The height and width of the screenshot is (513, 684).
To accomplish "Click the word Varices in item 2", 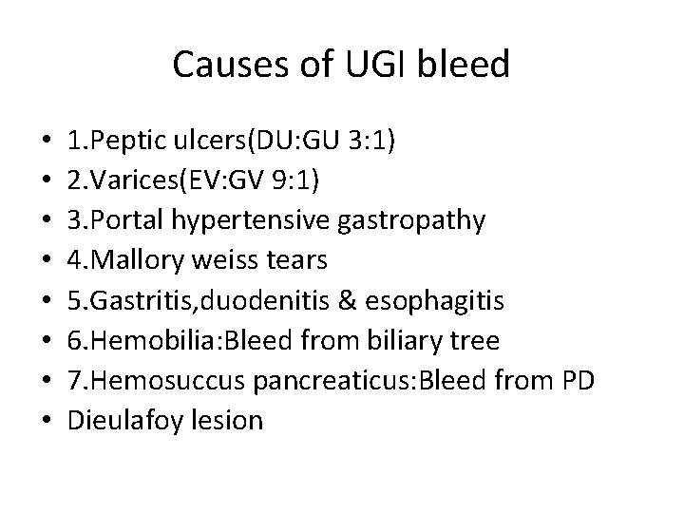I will coord(129,181).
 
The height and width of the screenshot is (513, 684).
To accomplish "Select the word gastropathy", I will coord(420,221).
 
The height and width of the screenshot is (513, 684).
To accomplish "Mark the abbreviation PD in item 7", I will coord(603,381).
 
